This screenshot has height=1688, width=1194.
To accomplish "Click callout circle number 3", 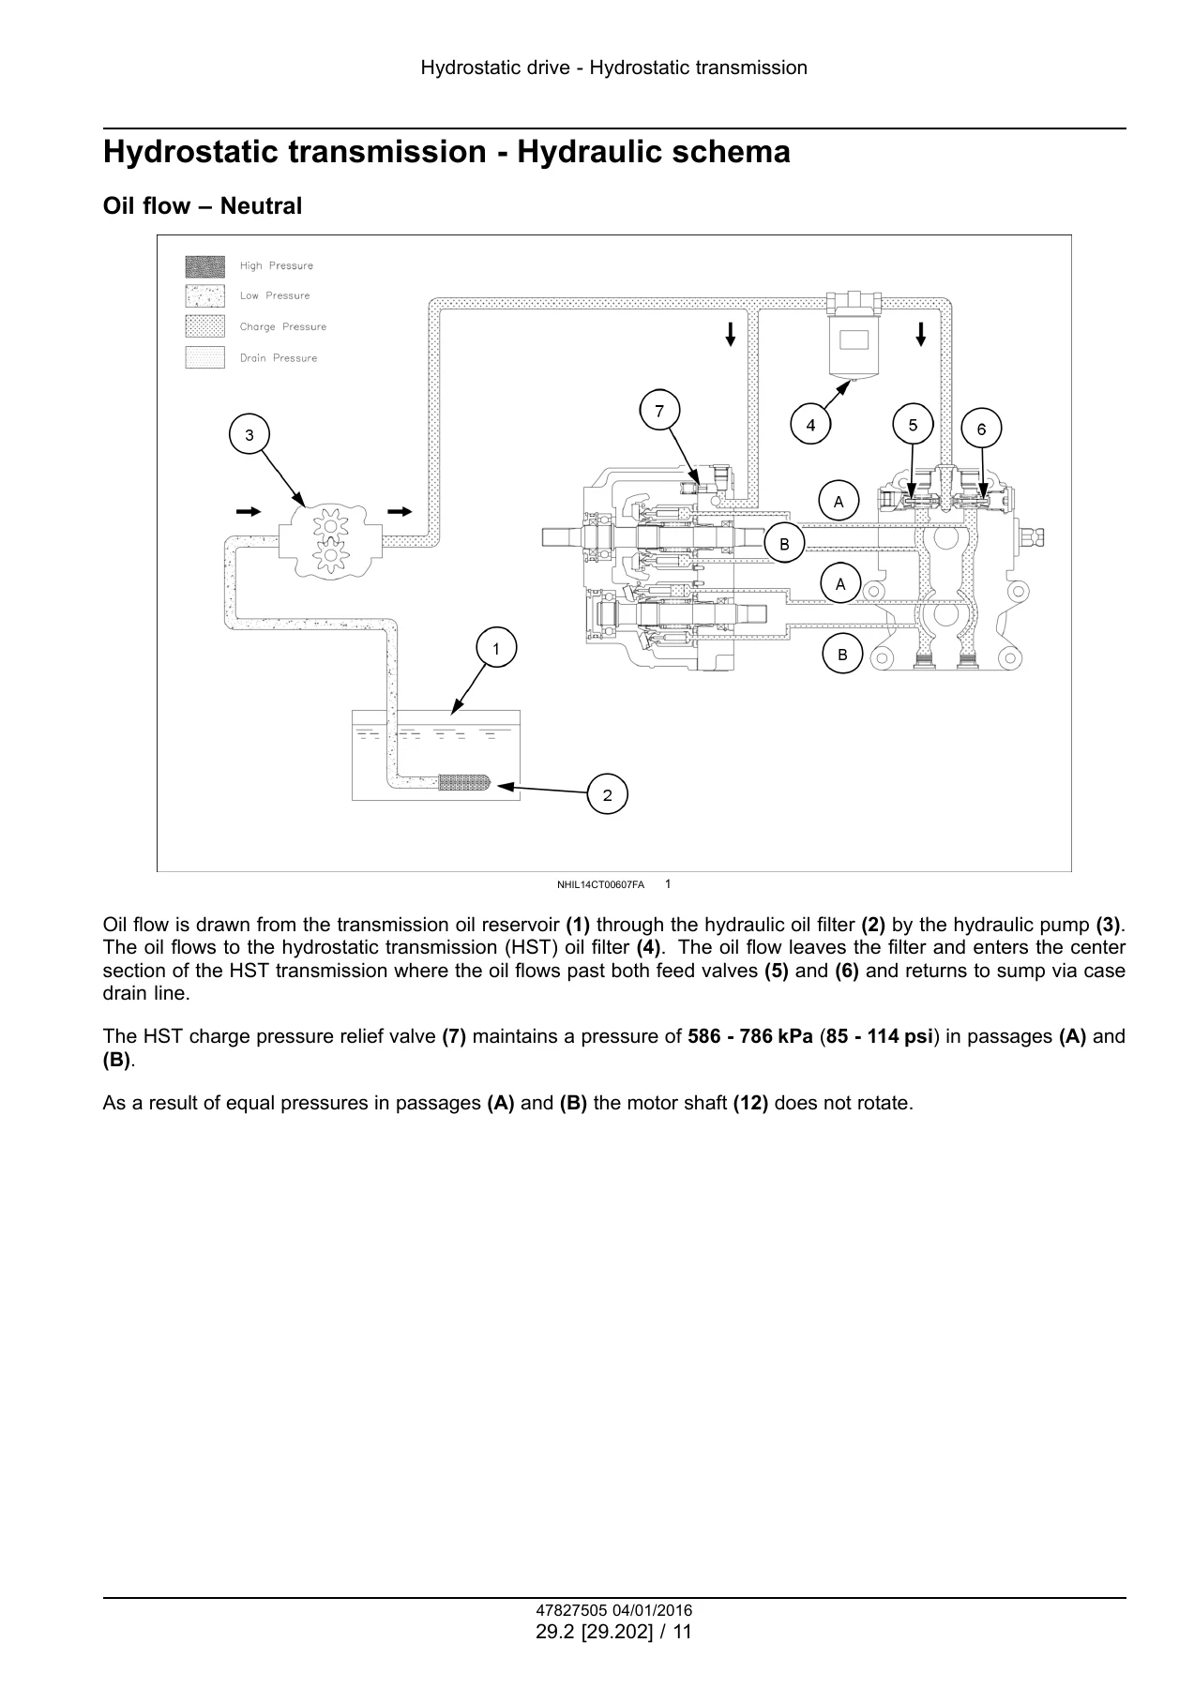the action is [x=249, y=435].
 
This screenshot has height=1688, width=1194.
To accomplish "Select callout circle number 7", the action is [x=659, y=411].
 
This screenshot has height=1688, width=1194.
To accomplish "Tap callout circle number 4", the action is [x=810, y=426].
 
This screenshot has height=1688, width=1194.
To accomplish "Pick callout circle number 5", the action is [x=914, y=425].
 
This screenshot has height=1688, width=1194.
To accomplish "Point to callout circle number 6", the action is [x=982, y=429].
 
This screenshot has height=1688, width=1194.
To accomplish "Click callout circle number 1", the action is [x=497, y=648].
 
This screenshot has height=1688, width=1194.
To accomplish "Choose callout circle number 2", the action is [x=608, y=795].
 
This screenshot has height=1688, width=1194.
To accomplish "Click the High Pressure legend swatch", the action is [x=204, y=266].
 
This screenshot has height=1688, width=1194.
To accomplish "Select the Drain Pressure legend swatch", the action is [x=204, y=357].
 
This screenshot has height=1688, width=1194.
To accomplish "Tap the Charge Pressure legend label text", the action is [x=283, y=326].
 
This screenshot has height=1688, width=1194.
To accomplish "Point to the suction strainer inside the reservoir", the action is [x=465, y=783].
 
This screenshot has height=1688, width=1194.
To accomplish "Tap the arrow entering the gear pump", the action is [x=249, y=511].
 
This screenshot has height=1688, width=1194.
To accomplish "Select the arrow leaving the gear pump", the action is [x=400, y=511].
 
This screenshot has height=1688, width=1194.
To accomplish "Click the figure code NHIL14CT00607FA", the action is [x=600, y=884].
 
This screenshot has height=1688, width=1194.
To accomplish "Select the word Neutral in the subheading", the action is [x=261, y=206].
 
